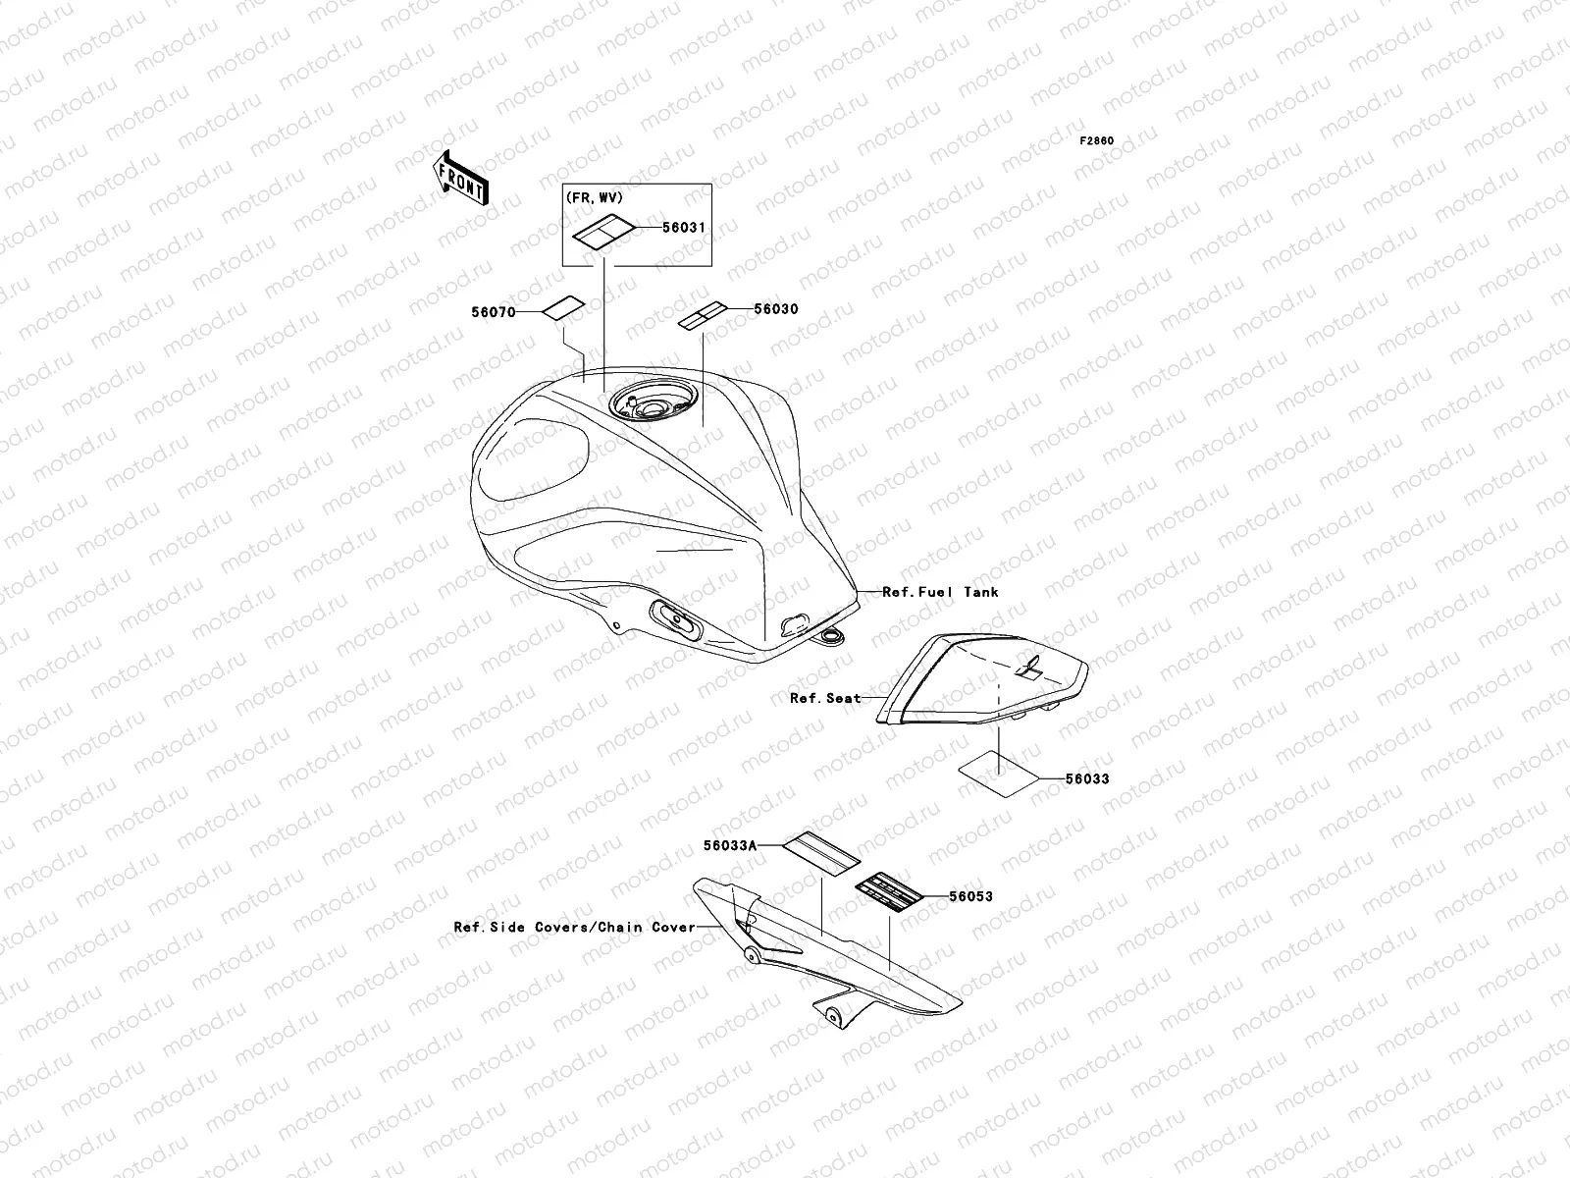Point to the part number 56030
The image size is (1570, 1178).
pyautogui.click(x=775, y=309)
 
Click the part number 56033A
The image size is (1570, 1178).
pyautogui.click(x=731, y=844)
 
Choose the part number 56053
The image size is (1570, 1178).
pyautogui.click(x=971, y=896)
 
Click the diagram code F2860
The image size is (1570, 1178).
pyautogui.click(x=1097, y=141)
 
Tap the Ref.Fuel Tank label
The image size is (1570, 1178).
pyautogui.click(x=940, y=592)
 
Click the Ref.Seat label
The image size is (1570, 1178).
pyautogui.click(x=825, y=699)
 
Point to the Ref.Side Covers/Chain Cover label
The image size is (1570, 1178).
pyautogui.click(x=574, y=927)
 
